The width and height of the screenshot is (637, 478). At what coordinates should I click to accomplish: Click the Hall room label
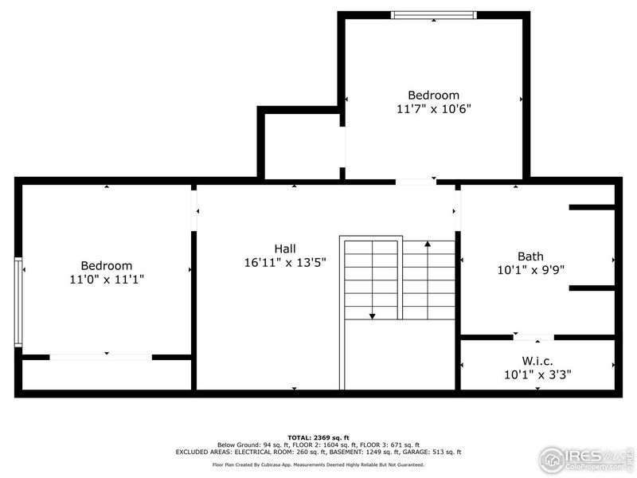pyautogui.click(x=285, y=249)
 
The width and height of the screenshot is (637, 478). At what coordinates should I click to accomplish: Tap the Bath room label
pyautogui.click(x=530, y=257)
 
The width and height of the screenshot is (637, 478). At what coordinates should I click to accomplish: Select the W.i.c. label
pyautogui.click(x=537, y=360)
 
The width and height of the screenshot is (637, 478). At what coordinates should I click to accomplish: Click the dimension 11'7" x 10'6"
pyautogui.click(x=434, y=108)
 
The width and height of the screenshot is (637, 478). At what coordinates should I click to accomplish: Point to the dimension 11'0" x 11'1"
pyautogui.click(x=107, y=280)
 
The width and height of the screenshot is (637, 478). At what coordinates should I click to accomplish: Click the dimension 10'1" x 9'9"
pyautogui.click(x=530, y=270)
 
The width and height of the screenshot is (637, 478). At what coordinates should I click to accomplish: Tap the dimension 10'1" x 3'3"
pyautogui.click(x=537, y=374)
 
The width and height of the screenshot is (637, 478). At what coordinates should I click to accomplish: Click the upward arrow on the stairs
pyautogui.click(x=428, y=245)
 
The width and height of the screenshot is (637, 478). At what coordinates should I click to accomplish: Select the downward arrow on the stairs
pyautogui.click(x=372, y=316)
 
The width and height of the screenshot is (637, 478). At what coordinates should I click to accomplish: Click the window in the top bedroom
pyautogui.click(x=434, y=14)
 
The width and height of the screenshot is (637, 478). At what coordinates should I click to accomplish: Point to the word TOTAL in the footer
pyautogui.click(x=299, y=438)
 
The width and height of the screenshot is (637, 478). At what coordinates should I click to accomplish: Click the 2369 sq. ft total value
pyautogui.click(x=330, y=438)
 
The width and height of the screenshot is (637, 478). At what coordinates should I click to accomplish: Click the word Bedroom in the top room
pyautogui.click(x=434, y=95)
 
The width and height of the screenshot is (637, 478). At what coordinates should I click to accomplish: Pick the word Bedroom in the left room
pyautogui.click(x=107, y=266)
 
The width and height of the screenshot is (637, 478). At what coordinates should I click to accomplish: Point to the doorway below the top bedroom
pyautogui.click(x=415, y=182)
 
